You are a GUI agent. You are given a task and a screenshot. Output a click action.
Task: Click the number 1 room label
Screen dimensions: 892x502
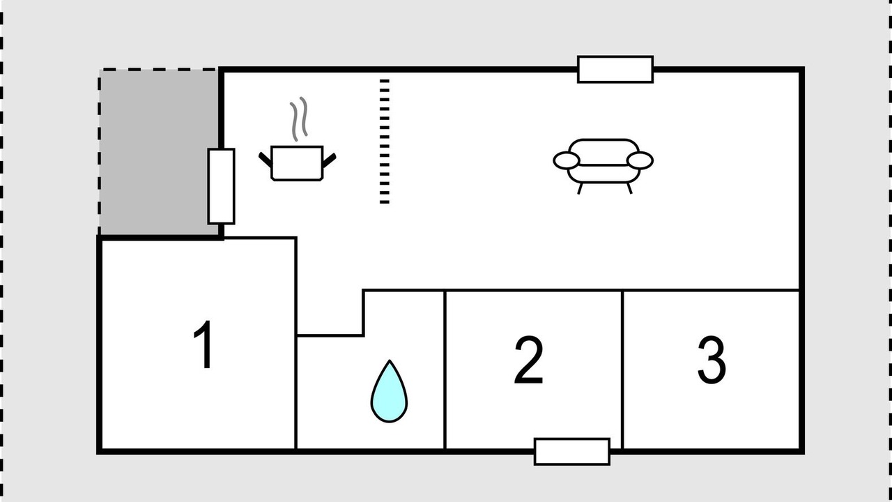203,344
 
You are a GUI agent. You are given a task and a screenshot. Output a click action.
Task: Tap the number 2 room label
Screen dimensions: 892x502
529,360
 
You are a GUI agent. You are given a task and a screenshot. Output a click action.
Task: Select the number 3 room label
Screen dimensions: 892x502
712,360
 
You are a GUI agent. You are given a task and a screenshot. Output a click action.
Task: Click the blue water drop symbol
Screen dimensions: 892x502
389,391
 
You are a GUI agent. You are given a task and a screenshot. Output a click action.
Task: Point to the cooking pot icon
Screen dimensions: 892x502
297,163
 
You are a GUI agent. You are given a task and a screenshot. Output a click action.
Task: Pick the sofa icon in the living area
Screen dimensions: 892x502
603,166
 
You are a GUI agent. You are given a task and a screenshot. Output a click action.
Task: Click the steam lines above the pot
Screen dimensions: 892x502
299,119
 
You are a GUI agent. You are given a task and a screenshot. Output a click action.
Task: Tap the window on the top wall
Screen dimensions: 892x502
615,70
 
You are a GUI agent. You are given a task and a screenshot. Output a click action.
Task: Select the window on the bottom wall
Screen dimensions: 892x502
572,451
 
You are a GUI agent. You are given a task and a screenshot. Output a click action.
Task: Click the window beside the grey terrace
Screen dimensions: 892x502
221,186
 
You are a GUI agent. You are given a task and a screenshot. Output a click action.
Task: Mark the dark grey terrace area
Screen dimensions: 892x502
158,152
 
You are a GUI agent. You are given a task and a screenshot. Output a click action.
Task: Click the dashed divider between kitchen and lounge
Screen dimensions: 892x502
384,142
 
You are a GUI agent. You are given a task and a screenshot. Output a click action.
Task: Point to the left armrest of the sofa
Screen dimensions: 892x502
566,160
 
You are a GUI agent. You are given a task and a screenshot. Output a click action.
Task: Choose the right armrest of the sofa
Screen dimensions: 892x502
640,160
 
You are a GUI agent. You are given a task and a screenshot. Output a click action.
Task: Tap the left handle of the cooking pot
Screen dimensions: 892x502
266,160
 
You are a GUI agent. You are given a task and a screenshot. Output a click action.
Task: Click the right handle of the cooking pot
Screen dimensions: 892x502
330,160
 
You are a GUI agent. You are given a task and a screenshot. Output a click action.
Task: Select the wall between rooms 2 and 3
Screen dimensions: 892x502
622,370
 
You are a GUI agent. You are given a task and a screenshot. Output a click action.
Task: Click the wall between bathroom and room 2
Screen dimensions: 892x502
445,370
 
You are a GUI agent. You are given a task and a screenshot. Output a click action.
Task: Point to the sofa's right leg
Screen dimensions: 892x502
629,188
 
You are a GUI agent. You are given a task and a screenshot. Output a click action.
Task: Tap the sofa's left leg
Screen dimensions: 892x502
580,188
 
